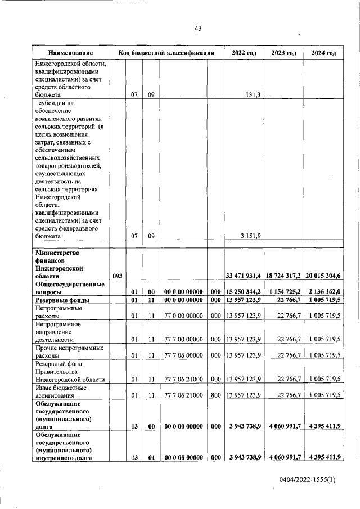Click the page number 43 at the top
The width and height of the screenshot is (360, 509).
198,28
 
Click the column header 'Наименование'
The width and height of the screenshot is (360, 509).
70,53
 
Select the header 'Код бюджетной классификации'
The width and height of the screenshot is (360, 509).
166,53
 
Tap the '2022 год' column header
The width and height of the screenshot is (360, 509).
244,53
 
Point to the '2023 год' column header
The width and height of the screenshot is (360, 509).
283,53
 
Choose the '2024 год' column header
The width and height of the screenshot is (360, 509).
323,53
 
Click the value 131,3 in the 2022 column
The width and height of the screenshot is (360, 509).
251,95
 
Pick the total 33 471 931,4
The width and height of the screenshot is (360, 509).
244,276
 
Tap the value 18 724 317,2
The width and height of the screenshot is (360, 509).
283,276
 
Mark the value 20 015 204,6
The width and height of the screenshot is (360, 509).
323,276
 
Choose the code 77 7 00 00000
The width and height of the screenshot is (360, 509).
183,340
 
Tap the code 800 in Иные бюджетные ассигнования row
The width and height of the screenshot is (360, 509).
214,395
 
